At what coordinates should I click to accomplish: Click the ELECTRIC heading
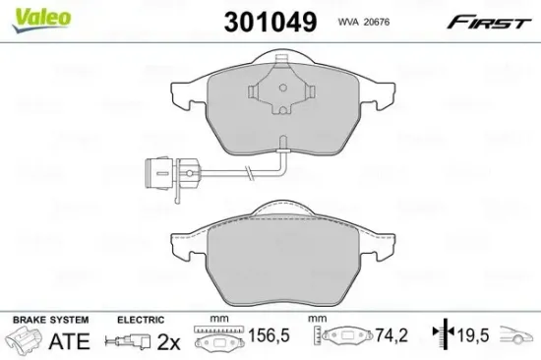(x=140, y=321)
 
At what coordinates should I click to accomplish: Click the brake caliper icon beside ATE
(x=26, y=341)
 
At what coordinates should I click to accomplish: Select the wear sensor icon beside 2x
(x=127, y=341)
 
